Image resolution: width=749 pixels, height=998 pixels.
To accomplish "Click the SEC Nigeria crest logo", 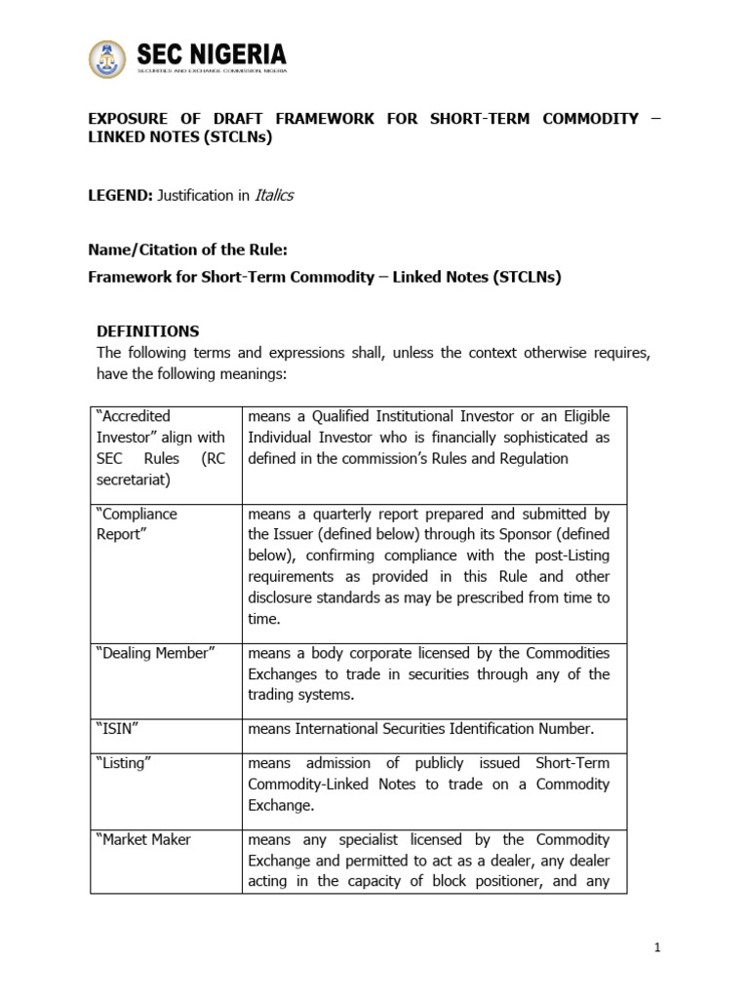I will point(107,59).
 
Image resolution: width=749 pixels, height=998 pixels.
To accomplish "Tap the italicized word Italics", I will point(274,195).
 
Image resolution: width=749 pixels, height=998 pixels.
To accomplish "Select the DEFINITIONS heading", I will point(147,331).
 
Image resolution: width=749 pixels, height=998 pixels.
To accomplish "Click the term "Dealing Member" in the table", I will point(153,653).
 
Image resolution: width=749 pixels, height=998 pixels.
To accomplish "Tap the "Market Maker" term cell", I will point(143,839).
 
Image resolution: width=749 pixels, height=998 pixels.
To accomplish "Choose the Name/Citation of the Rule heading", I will point(187,249).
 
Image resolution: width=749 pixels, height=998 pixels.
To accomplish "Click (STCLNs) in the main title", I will point(239,137).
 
